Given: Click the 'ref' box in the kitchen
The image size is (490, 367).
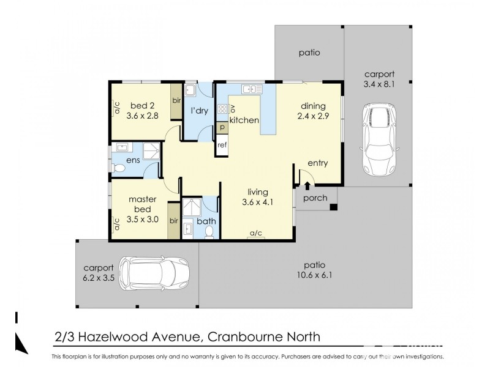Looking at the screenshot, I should (x=222, y=145).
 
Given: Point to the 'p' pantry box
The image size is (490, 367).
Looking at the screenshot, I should (x=222, y=127).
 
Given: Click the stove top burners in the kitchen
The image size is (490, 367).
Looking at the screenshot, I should (x=222, y=109).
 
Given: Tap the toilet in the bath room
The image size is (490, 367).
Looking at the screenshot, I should (x=209, y=231).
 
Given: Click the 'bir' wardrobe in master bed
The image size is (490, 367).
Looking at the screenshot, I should (x=173, y=220).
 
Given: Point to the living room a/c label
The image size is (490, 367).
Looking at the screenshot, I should (x=256, y=234).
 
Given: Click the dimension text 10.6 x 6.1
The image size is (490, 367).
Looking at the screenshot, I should (x=316, y=275).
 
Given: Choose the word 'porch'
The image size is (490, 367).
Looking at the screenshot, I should (x=315, y=198).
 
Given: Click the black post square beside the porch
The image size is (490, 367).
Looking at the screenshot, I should (x=333, y=208).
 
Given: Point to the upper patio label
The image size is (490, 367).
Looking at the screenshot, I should (x=309, y=53).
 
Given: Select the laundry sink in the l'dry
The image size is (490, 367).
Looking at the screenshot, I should (x=190, y=91).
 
